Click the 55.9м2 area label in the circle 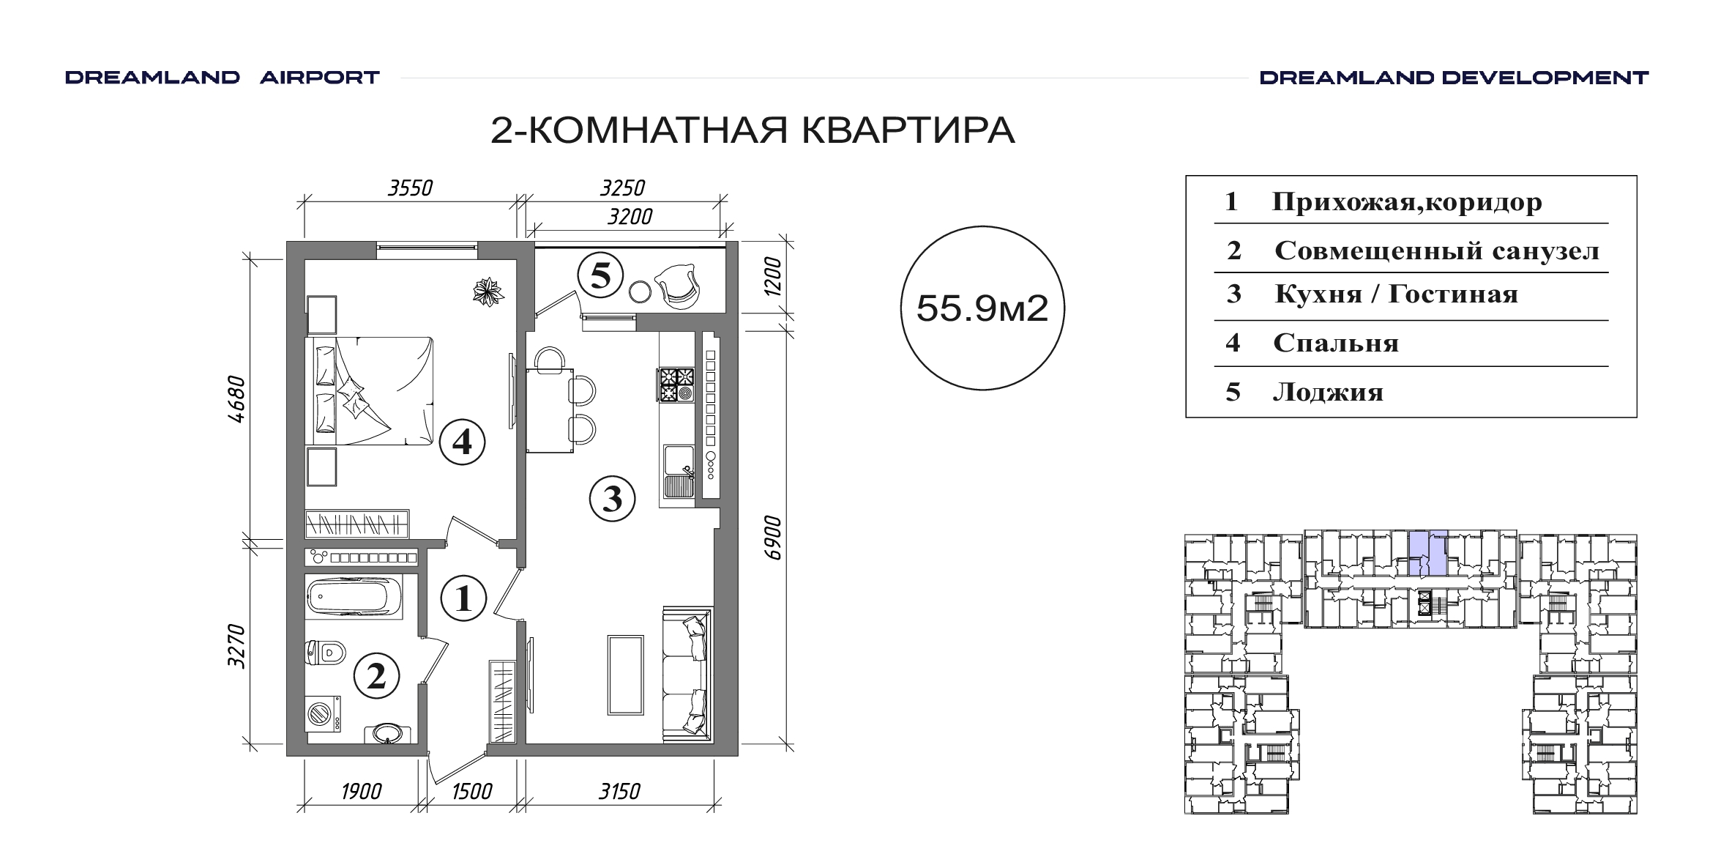[982, 308]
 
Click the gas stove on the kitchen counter [676, 385]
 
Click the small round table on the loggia [640, 292]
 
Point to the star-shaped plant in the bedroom [488, 292]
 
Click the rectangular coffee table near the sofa [626, 675]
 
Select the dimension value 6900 [773, 538]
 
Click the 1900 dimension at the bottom [362, 792]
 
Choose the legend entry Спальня [1336, 343]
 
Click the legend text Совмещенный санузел [1437, 251]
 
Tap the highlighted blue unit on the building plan [1428, 552]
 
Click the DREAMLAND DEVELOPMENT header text [1454, 78]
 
